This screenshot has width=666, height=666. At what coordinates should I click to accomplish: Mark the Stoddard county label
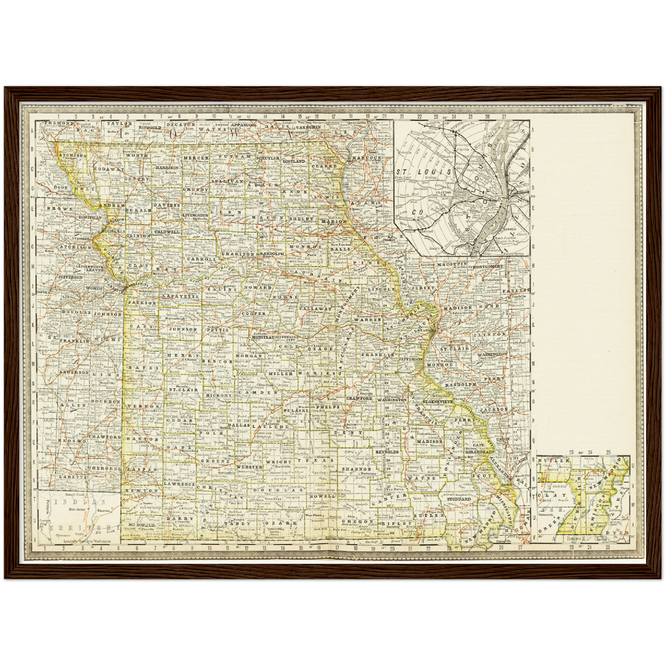point(459,499)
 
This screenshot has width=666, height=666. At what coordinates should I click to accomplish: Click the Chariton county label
point(238,254)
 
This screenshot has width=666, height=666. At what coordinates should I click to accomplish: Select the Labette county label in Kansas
point(72,477)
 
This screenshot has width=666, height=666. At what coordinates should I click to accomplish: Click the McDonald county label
point(141,525)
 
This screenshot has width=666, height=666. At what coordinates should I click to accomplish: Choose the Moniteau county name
point(263,337)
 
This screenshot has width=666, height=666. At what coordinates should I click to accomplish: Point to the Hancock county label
point(367,158)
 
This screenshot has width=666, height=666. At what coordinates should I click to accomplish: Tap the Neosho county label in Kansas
point(72,441)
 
